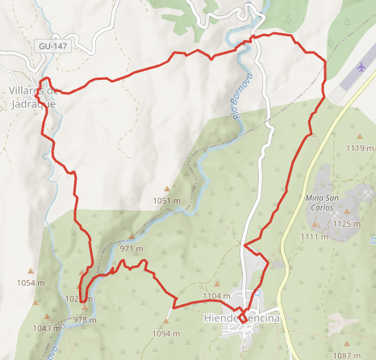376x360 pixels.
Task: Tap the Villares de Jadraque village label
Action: pyautogui.click(x=32, y=97)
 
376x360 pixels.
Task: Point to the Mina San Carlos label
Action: pyautogui.click(x=325, y=203)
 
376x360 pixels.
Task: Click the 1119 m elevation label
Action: pyautogui.click(x=360, y=149)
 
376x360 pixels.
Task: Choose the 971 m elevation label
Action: pyautogui.click(x=132, y=249)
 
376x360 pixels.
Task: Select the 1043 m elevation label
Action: pyautogui.click(x=47, y=328)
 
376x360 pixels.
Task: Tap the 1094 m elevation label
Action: pyautogui.click(x=165, y=333)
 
